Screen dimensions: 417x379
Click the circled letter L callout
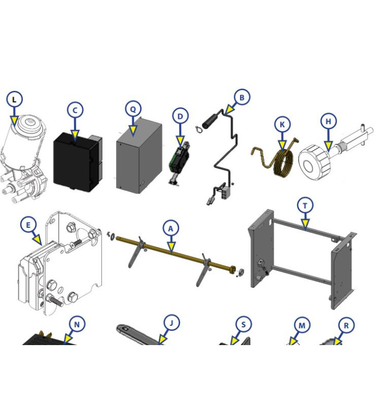pyautogui.click(x=15, y=99)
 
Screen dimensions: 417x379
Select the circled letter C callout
pyautogui.click(x=75, y=111)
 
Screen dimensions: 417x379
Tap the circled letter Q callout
pyautogui.click(x=133, y=109)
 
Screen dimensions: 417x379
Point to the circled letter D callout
pyautogui.click(x=180, y=116)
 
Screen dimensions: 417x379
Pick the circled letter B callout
pyautogui.click(x=242, y=97)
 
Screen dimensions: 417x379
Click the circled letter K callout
pyautogui.click(x=282, y=125)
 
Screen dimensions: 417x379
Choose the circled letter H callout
pyautogui.click(x=329, y=121)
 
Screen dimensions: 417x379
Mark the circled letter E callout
pyautogui.click(x=29, y=225)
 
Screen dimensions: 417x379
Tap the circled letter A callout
pyautogui.click(x=170, y=228)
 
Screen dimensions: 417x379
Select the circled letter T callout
pyautogui.click(x=305, y=205)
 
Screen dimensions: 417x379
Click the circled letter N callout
pyautogui.click(x=77, y=325)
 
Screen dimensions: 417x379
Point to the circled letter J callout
pyautogui.click(x=170, y=323)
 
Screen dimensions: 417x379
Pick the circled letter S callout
pyautogui.click(x=243, y=324)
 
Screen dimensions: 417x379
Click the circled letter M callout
pyautogui.click(x=302, y=325)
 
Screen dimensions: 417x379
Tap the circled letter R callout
pyautogui.click(x=346, y=325)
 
